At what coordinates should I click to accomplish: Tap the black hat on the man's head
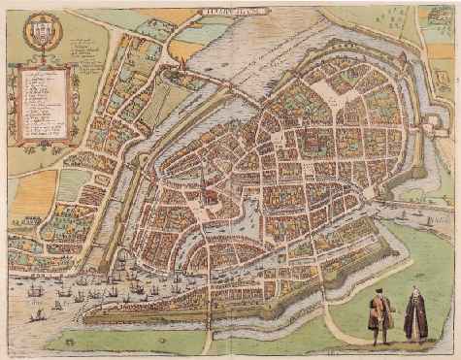pyautogui.click(x=379, y=292)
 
